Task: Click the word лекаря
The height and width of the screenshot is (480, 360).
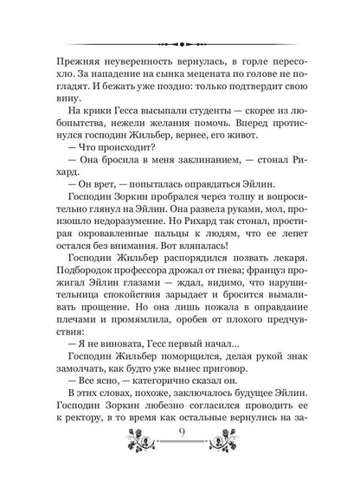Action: click(283, 297)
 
